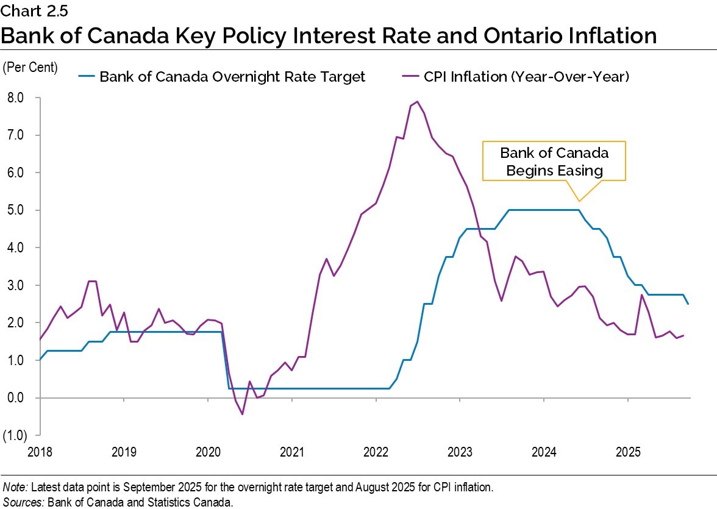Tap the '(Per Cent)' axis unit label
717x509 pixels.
point(30,68)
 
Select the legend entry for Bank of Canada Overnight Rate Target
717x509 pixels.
point(232,77)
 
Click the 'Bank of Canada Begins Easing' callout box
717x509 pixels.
point(554,162)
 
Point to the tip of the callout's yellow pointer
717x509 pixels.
point(579,201)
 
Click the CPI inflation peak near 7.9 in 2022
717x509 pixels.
point(417,102)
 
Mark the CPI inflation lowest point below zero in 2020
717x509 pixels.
point(242,415)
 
